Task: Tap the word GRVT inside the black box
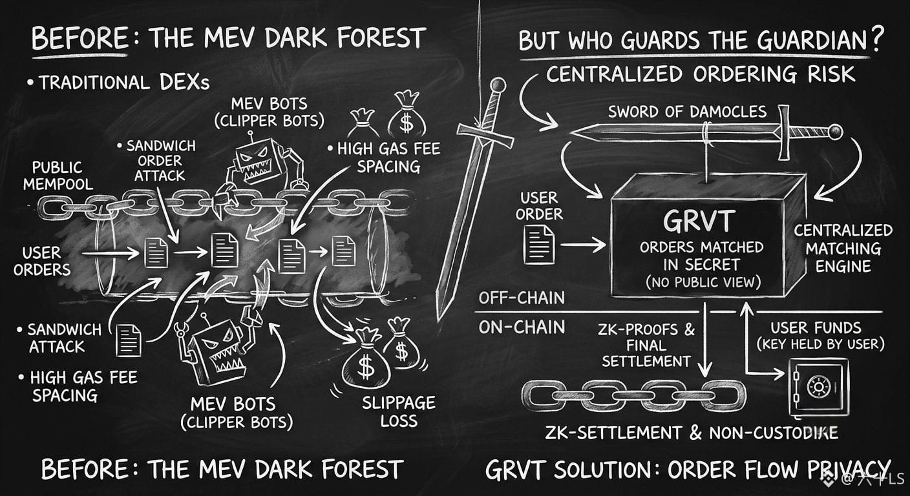click(699, 222)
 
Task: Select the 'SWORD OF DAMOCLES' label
click(688, 112)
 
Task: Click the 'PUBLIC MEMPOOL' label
click(58, 176)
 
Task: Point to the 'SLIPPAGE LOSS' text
click(399, 411)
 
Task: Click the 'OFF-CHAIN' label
click(522, 298)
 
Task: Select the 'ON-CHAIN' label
click(522, 327)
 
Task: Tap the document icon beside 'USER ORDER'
click(539, 245)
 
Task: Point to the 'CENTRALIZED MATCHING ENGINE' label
click(843, 249)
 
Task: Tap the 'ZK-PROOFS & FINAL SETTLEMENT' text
click(646, 345)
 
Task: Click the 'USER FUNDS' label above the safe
click(816, 327)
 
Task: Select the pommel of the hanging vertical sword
click(498, 85)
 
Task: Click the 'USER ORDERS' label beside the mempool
click(42, 261)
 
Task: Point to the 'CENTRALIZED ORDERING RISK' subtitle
click(701, 74)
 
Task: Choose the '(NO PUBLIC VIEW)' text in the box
click(703, 282)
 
